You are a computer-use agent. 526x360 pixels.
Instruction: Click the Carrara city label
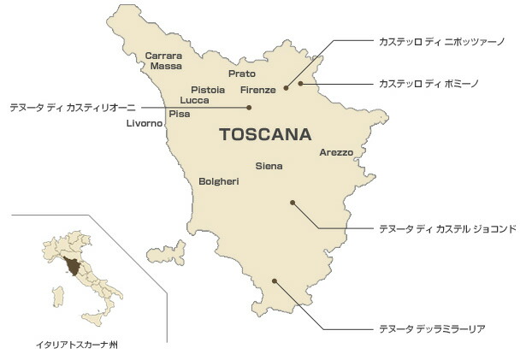point(163,56)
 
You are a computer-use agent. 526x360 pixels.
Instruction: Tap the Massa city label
point(166,65)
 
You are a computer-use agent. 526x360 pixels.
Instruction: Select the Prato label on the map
point(242,74)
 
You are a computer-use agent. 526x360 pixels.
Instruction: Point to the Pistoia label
point(208,89)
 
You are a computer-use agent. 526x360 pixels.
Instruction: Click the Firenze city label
point(257,90)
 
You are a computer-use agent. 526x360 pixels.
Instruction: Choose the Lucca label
point(195,100)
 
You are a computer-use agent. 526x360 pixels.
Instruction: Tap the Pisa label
point(180,113)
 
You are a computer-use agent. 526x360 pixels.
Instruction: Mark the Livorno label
point(144,123)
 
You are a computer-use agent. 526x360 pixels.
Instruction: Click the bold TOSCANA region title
point(265,135)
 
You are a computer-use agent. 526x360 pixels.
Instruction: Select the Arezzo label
point(336,152)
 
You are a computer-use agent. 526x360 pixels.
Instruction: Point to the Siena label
point(269,166)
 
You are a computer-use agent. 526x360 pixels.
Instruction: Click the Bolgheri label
point(218,181)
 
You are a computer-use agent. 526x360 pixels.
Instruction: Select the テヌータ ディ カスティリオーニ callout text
point(67,108)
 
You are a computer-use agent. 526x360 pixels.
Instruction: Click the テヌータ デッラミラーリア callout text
point(427,328)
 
